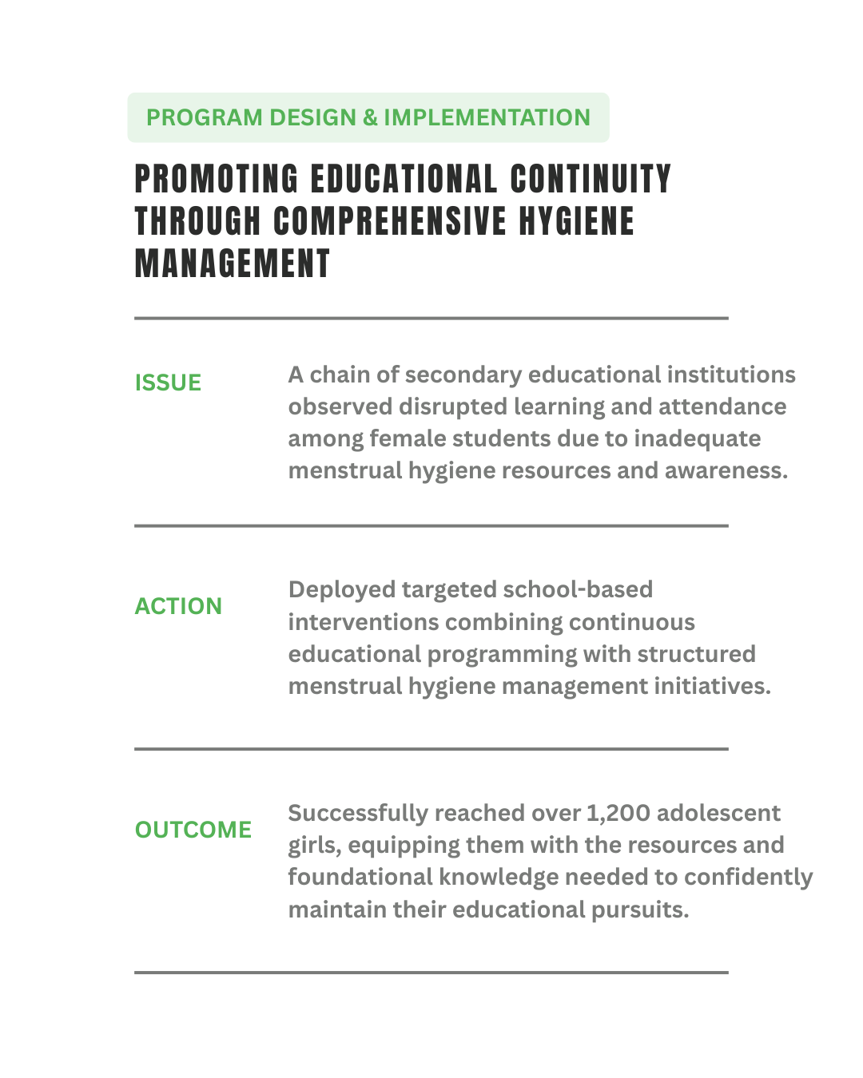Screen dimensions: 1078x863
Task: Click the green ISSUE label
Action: coord(168,382)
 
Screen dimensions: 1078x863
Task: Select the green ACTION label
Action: coord(178,606)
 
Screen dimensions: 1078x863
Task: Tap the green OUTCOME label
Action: coord(193,830)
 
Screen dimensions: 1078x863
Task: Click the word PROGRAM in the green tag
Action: coord(193,117)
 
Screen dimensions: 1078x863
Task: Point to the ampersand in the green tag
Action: coord(369,117)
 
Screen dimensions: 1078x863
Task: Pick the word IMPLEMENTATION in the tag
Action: coord(487,117)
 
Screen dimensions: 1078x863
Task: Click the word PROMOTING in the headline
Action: coord(217,179)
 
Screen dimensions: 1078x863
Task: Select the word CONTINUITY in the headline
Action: coord(591,179)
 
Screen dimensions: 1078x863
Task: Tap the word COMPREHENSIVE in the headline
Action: coord(390,221)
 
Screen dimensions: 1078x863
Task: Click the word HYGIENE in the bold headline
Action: coord(577,221)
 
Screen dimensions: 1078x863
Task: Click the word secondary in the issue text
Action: coord(463,375)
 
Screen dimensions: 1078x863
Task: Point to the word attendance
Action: coord(722,406)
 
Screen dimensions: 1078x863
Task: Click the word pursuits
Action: coord(639,910)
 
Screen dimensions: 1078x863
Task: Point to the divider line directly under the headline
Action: coord(431,318)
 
